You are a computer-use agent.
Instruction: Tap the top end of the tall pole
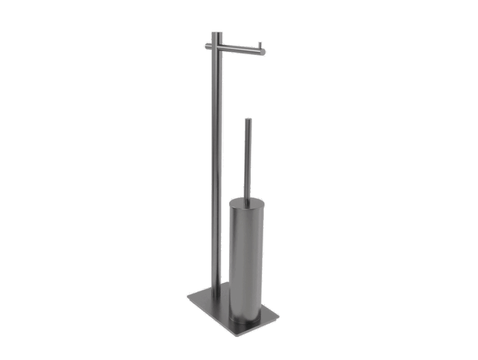click(215, 33)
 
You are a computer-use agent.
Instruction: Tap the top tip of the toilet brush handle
click(248, 119)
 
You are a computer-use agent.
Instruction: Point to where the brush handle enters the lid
click(248, 199)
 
